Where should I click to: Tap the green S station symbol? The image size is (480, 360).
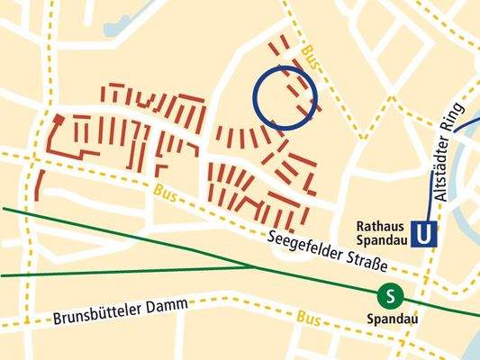pyautogui.click(x=390, y=294)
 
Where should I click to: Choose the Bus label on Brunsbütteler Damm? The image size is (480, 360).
pyautogui.click(x=308, y=319)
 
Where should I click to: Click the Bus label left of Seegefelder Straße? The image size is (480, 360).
pyautogui.click(x=164, y=193)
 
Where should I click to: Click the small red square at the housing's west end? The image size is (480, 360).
pyautogui.click(x=59, y=119)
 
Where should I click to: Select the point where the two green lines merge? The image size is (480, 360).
pyautogui.click(x=253, y=265)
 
